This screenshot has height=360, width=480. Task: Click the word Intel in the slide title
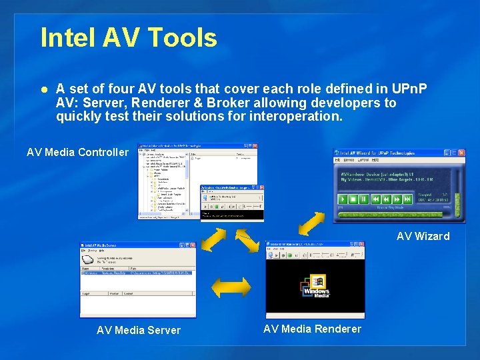click(67, 38)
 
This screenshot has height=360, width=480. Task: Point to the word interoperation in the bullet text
click(295, 117)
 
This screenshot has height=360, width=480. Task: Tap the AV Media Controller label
click(77, 153)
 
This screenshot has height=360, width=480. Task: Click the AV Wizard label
click(423, 236)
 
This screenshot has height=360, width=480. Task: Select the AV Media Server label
click(139, 330)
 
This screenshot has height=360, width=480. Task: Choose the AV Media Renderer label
click(312, 329)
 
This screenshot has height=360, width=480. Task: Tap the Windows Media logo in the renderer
click(316, 287)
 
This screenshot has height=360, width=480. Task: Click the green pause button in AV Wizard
click(363, 199)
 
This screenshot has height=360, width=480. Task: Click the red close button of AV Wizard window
click(461, 153)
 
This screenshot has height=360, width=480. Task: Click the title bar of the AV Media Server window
click(127, 245)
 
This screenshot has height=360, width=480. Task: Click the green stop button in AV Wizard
click(353, 199)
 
